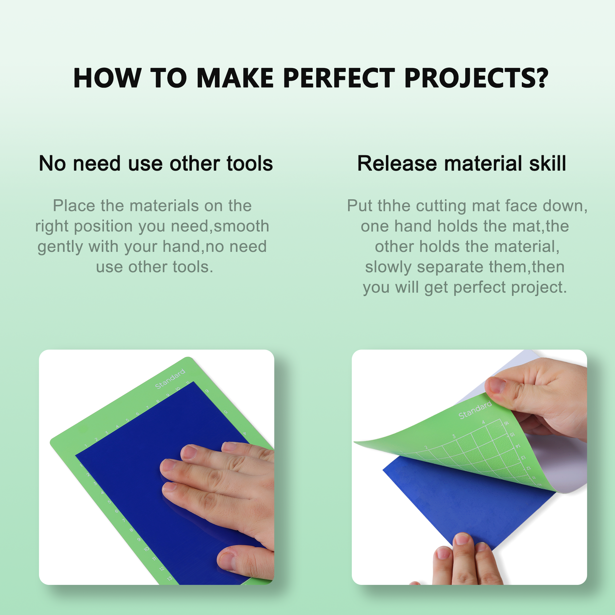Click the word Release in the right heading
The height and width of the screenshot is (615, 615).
(397, 164)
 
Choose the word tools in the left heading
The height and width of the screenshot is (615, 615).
(250, 164)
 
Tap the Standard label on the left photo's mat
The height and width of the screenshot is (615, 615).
(170, 379)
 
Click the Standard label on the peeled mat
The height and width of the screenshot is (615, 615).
(475, 410)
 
